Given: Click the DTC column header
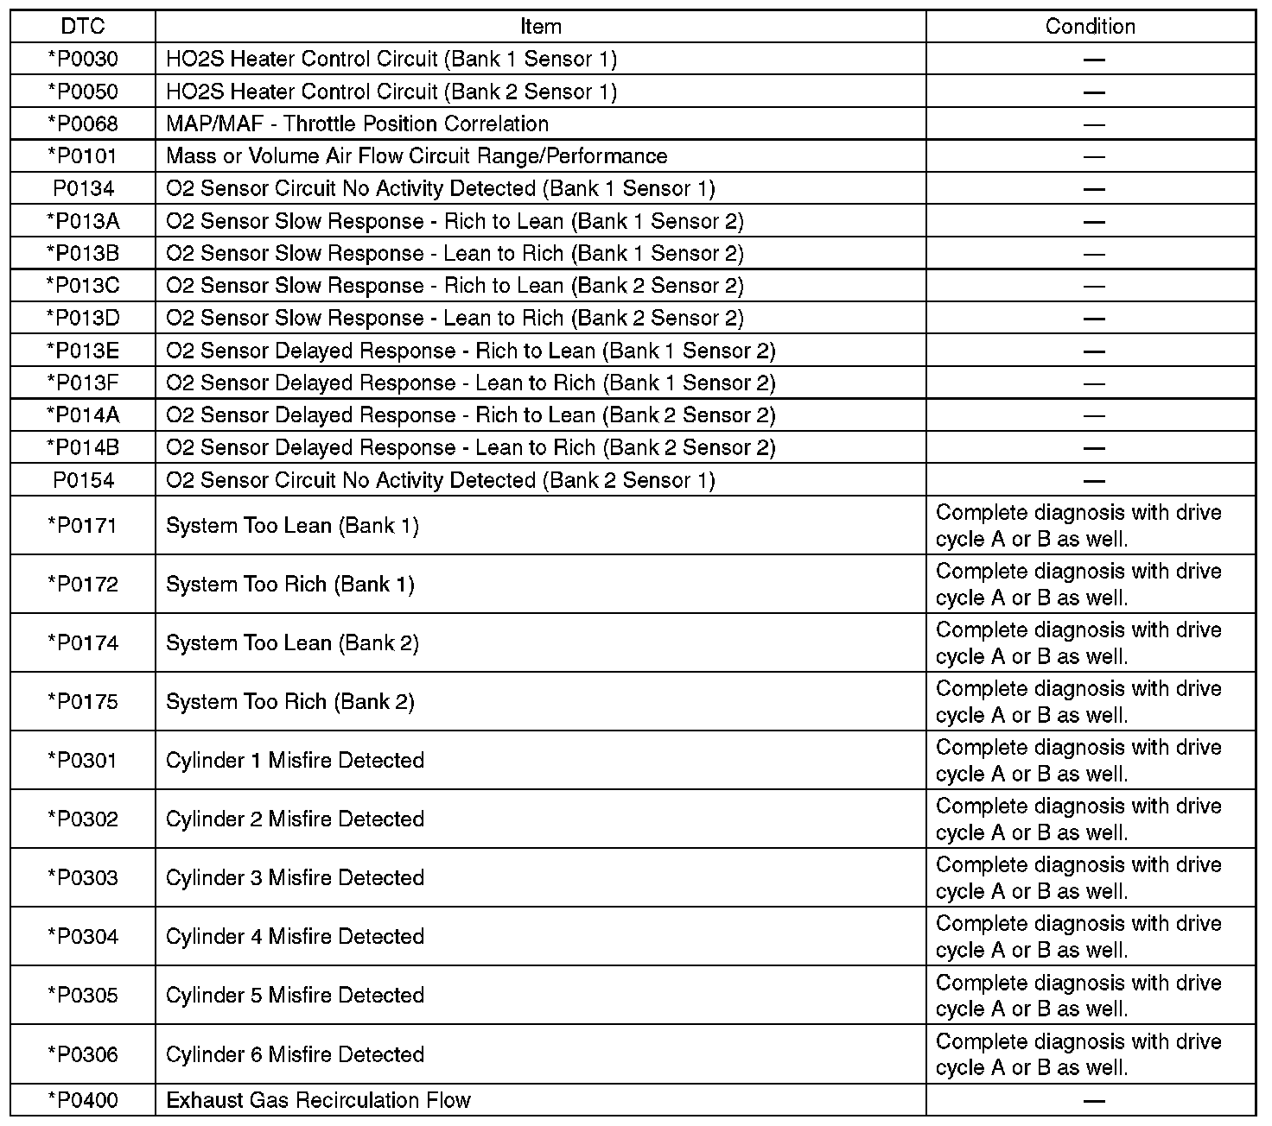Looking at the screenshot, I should [83, 27].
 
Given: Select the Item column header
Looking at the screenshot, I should [541, 27].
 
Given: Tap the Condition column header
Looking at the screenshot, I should [1090, 27].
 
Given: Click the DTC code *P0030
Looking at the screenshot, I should [83, 60].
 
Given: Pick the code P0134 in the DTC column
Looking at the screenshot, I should [83, 189].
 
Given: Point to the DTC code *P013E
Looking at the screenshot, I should [83, 351].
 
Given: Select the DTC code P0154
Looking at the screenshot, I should [83, 481].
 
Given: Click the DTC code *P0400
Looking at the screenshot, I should [83, 1101].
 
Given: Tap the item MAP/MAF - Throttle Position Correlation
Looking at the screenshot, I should [357, 124].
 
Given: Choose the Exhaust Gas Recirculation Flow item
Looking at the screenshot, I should [318, 1101].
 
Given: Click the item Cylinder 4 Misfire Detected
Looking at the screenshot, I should [295, 937].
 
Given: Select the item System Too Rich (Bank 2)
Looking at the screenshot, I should [290, 702].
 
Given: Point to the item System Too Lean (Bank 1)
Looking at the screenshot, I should [292, 526].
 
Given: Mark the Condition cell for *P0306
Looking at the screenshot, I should [1078, 1054].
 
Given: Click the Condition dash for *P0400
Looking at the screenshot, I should [1094, 1101].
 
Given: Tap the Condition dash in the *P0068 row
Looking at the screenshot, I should [1094, 124].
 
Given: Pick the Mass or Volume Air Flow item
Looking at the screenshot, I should [417, 157].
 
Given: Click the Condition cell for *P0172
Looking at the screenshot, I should [1078, 585].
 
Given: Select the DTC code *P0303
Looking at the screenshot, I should [83, 878].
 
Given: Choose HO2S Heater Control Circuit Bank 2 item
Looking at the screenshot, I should [391, 92].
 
